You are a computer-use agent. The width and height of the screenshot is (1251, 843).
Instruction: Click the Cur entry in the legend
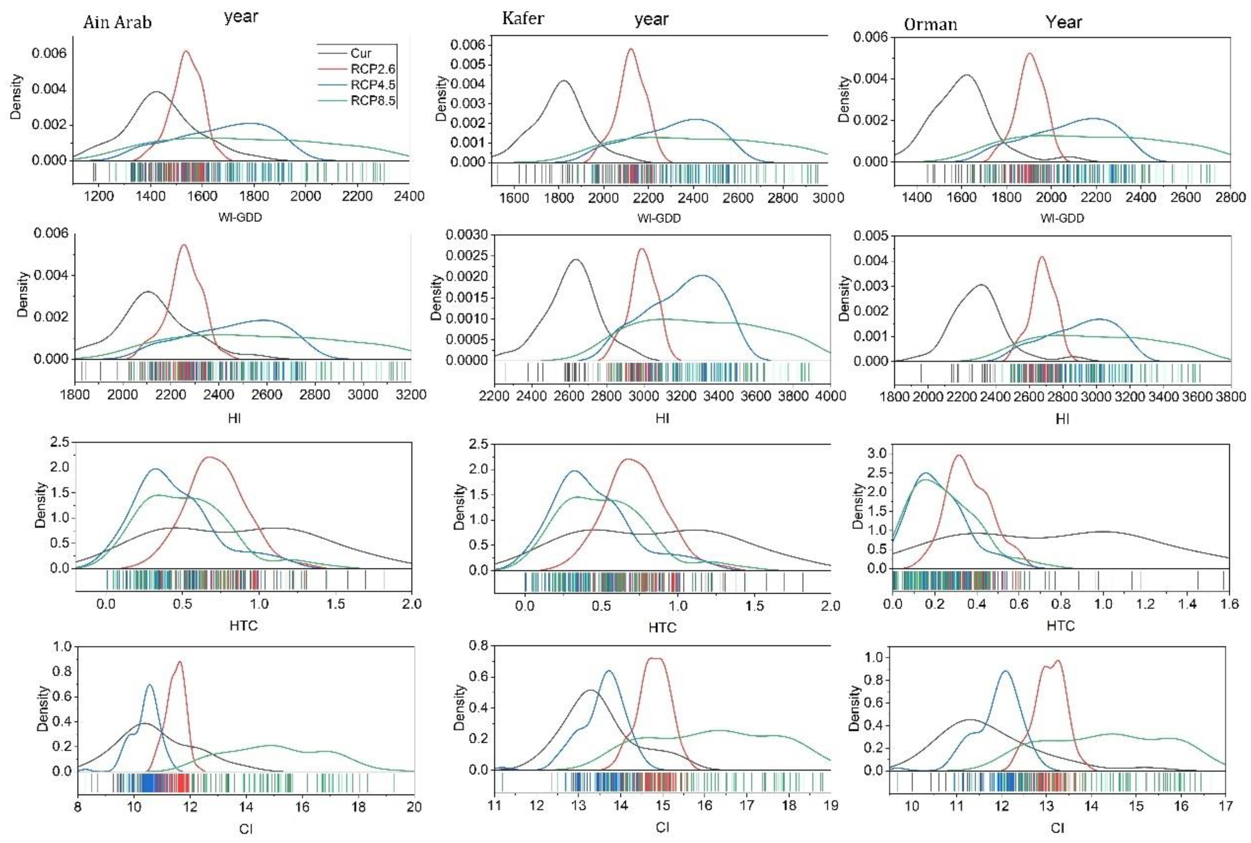(361, 53)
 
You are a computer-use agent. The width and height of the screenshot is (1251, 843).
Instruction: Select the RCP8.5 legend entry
(372, 100)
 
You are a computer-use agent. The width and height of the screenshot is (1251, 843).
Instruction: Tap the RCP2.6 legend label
(372, 69)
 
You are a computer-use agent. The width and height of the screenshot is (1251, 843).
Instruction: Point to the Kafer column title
(522, 19)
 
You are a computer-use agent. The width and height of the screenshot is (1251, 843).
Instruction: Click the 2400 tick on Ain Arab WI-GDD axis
(409, 196)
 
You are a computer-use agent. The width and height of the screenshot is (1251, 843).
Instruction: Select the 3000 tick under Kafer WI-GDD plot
(828, 198)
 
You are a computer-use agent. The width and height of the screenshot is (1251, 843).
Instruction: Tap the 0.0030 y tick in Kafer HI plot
(467, 235)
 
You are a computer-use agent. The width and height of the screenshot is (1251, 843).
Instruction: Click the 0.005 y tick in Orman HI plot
(869, 236)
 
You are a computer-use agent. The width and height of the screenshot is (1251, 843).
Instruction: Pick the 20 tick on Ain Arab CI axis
(414, 807)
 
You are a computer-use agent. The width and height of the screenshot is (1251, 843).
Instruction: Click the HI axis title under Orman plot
(1062, 419)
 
